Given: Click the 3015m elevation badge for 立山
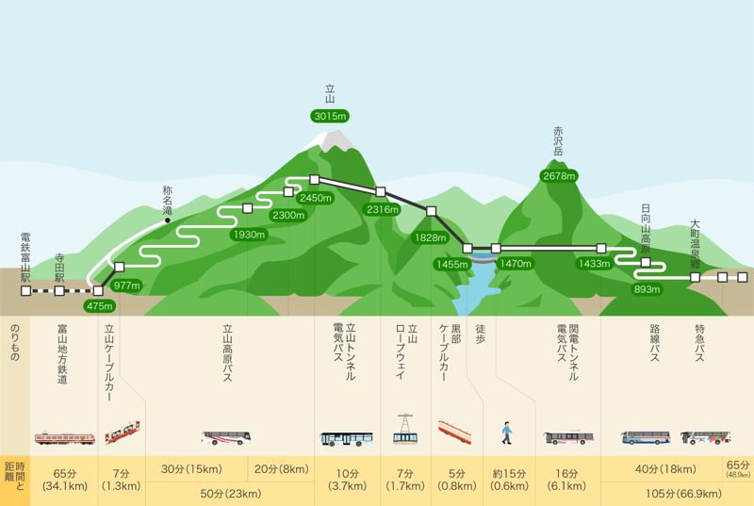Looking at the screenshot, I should [x=330, y=116].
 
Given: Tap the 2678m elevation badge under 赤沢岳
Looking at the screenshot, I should [x=559, y=175].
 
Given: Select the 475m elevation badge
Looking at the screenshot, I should [x=99, y=305].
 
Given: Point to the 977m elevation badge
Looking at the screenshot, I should [x=126, y=285].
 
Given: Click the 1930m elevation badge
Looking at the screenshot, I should [x=249, y=234].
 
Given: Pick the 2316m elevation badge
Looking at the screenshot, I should [x=384, y=208].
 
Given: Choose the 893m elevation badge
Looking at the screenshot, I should [x=647, y=288].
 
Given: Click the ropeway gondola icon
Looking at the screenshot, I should [x=405, y=431].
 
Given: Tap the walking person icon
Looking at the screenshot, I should [x=506, y=433].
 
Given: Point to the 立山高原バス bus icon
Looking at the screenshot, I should [x=226, y=437].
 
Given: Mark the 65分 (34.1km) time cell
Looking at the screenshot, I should [x=64, y=480].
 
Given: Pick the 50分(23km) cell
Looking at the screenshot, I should [x=230, y=493].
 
